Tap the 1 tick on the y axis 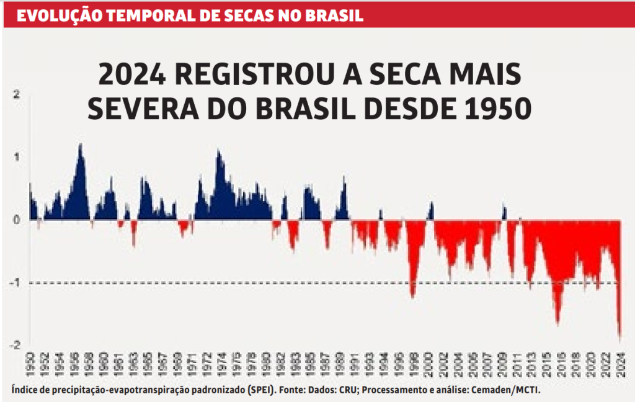[x=17, y=157]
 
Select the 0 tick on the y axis [x=17, y=220]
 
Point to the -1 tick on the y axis [x=16, y=283]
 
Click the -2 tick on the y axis [x=16, y=345]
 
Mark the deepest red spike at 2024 [x=619, y=338]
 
